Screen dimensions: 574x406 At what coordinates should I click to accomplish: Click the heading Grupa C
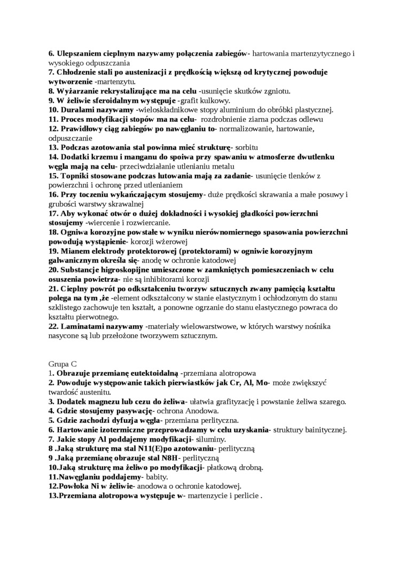point(62,363)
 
